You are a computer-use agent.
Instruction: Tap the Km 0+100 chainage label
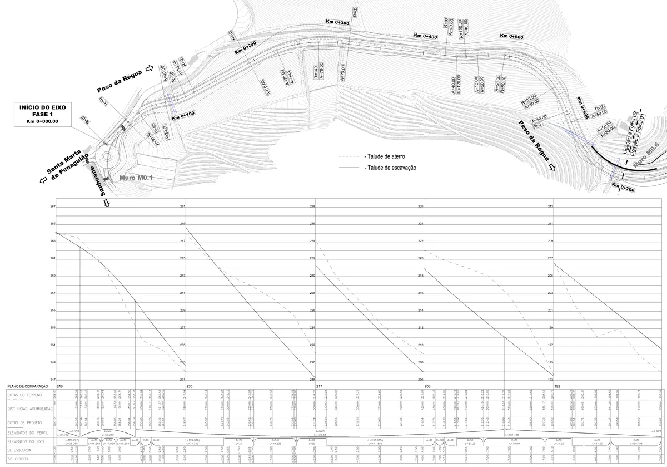[x=183, y=117]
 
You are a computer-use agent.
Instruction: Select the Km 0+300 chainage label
[x=337, y=22]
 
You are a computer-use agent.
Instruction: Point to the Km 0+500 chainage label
[x=511, y=36]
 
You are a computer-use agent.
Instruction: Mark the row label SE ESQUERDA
[x=19, y=450]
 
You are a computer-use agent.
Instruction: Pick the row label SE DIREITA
[x=17, y=459]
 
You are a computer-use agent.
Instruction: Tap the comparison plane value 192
[x=558, y=386]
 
